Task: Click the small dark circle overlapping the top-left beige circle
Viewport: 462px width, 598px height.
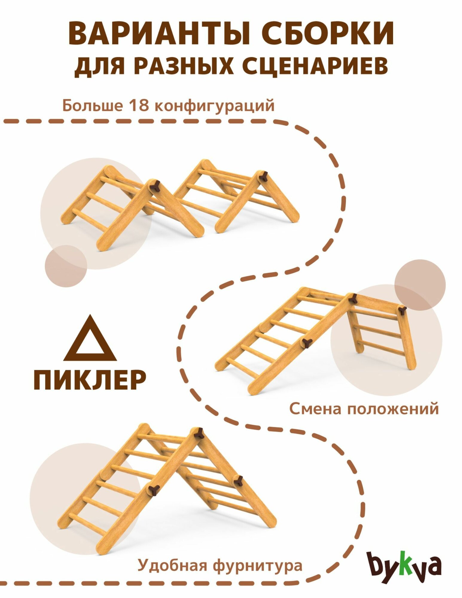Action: point(66,266)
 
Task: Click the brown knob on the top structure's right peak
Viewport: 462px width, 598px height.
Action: point(263,176)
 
